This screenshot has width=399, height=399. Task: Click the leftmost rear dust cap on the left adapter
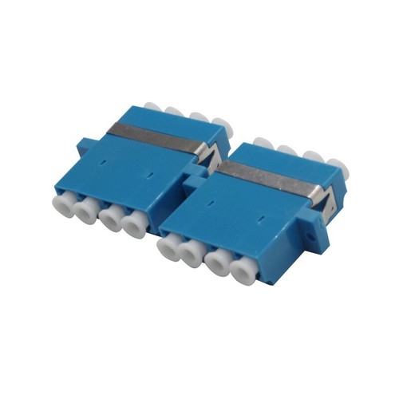coord(152,107)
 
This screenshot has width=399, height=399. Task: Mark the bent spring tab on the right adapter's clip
coord(318,195)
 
